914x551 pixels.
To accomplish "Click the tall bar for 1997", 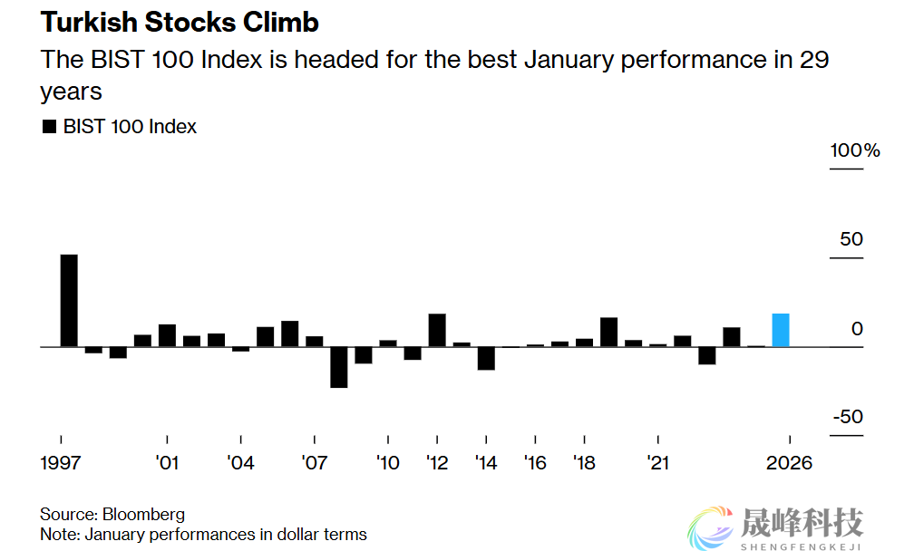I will [69, 301].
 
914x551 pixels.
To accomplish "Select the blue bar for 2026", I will [781, 330].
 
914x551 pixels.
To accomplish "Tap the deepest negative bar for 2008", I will [338, 367].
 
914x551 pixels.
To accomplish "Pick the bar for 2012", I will [437, 330].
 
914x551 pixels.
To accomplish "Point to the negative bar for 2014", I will [486, 358].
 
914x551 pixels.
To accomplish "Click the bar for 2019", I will [609, 332].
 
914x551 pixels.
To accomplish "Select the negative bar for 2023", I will [707, 355].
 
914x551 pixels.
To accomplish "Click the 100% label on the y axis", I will [856, 151].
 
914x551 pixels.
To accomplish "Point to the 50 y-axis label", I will [851, 240].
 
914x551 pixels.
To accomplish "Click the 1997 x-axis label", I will [61, 463].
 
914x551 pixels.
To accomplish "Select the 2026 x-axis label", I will [789, 463].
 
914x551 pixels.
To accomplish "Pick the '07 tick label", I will [314, 463].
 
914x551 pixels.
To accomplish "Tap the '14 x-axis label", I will [486, 463].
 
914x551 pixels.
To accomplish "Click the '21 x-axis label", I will [657, 463].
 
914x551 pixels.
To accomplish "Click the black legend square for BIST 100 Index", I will [49, 127].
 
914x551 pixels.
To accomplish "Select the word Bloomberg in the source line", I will [145, 515].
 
